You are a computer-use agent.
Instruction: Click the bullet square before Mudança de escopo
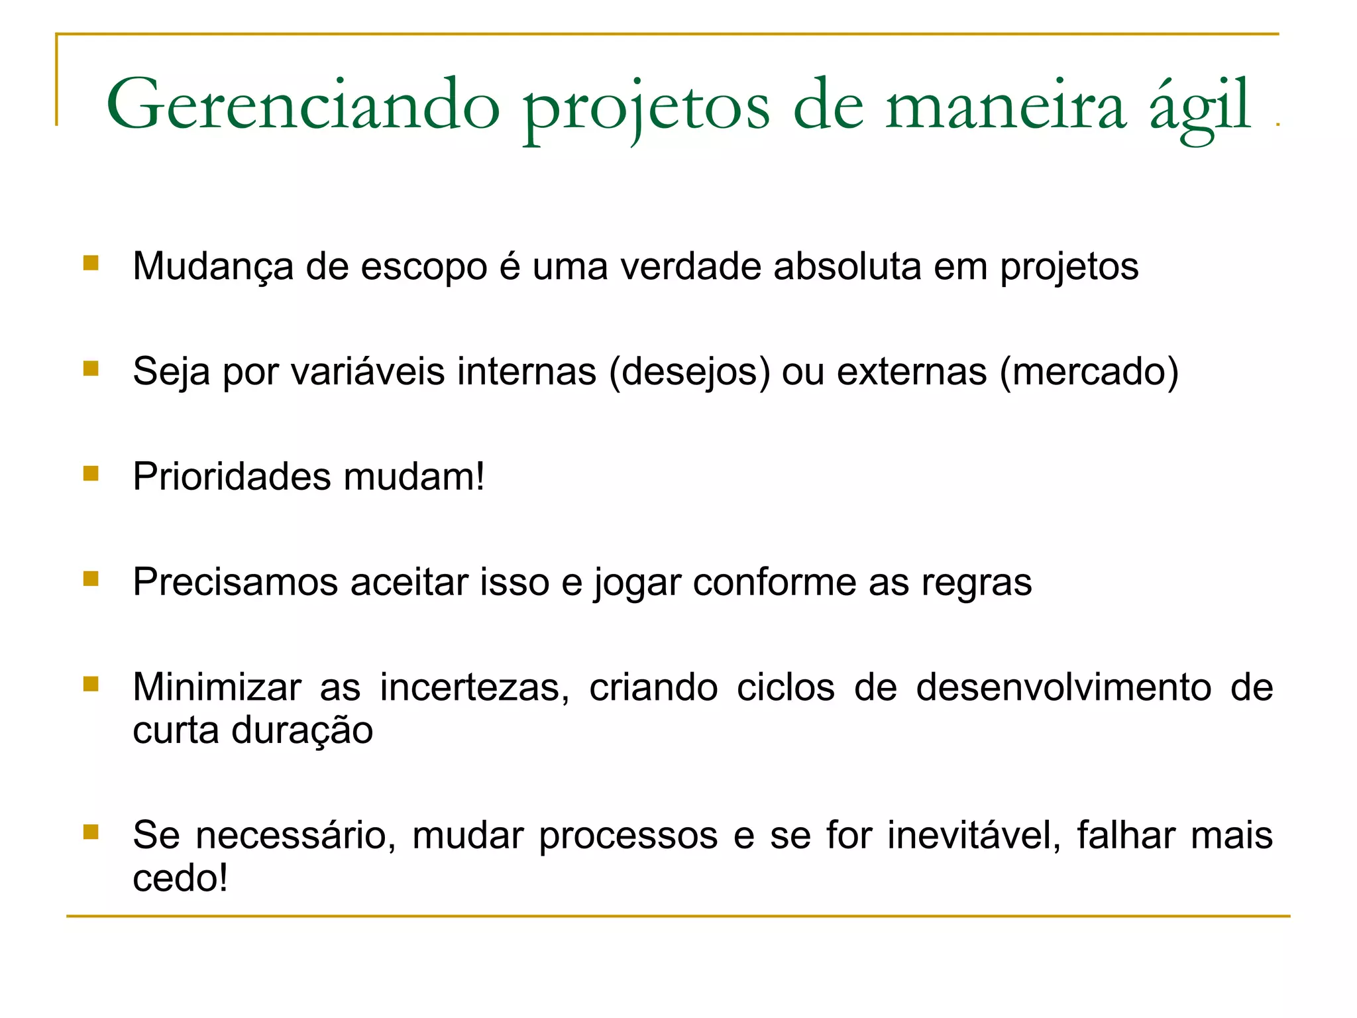(91, 263)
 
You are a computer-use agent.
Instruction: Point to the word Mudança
(213, 267)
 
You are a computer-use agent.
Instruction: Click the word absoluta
(847, 266)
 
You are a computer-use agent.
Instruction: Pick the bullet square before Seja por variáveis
(91, 368)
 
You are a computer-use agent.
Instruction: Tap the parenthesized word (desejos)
(689, 372)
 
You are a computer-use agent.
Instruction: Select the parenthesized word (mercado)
(1089, 372)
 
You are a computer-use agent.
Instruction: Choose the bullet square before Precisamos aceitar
(91, 579)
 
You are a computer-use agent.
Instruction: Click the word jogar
(637, 583)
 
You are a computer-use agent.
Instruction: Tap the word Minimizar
(217, 687)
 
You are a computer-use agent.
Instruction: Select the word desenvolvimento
(1063, 687)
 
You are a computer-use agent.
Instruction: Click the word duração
(302, 731)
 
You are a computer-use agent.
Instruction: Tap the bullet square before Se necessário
(91, 832)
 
